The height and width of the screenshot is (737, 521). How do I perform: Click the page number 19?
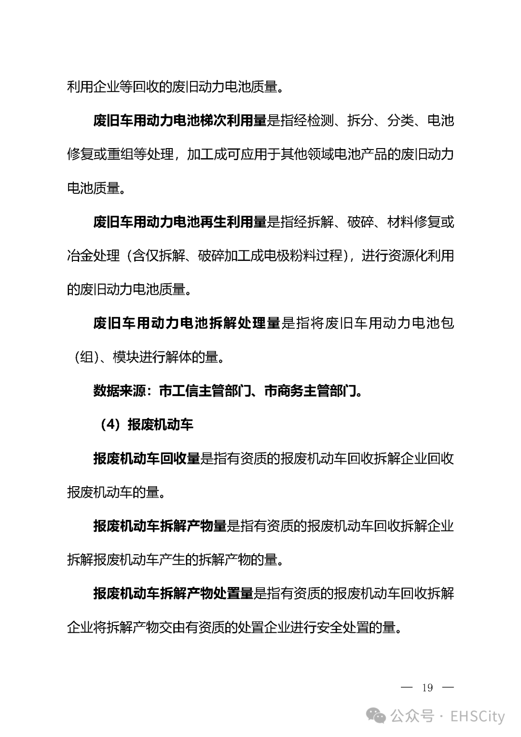pos(427,688)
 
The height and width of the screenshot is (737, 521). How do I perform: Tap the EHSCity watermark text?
pos(478,716)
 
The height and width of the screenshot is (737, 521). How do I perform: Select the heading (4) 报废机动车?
pos(147,424)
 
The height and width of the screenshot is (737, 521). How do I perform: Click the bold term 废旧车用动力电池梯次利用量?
pos(180,121)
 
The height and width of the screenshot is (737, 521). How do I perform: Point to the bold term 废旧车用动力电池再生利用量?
pos(180,222)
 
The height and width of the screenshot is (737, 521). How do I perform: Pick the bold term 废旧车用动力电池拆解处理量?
pos(187,323)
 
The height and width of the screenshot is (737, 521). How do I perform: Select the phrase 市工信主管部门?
pos(206,391)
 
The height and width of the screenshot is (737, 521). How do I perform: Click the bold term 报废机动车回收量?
pos(147,458)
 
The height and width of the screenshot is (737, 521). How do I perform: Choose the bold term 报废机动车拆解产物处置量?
pos(173,593)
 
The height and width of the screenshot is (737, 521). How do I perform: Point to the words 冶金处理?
pos(93,256)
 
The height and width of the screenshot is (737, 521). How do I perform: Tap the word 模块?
pos(126,357)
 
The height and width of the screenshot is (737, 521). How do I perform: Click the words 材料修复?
pos(414,222)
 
